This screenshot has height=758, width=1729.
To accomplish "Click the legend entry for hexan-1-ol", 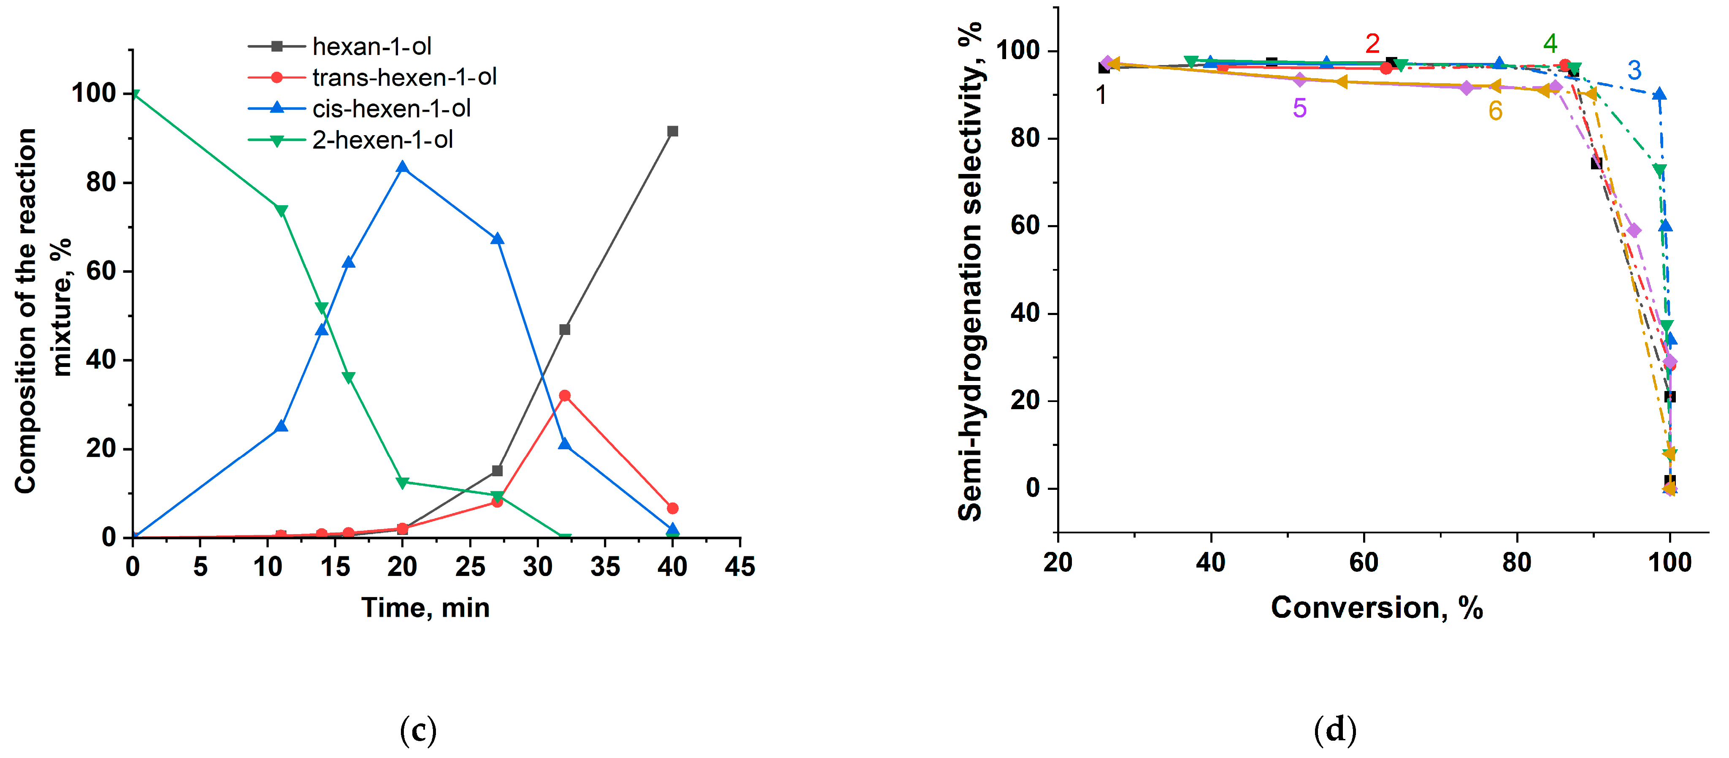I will [x=371, y=46].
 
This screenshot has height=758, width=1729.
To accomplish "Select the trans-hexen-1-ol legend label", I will [x=404, y=77].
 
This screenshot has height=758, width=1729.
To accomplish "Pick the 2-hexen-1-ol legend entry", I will [x=383, y=140].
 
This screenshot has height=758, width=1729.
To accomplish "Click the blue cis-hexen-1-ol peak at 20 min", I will [x=403, y=166].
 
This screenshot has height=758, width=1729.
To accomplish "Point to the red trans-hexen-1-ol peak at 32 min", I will [x=565, y=395].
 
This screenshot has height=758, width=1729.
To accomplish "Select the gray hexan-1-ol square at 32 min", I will [x=565, y=330].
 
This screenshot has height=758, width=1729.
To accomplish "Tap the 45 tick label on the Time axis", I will [x=740, y=567].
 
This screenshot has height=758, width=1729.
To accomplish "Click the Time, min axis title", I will [x=425, y=608].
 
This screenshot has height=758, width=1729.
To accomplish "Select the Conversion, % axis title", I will [x=1377, y=608].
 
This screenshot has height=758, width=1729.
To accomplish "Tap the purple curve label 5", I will [x=1299, y=108].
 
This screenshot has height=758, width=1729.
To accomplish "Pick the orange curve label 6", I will [x=1495, y=111].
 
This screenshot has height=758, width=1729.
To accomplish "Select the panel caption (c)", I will [x=418, y=729].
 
